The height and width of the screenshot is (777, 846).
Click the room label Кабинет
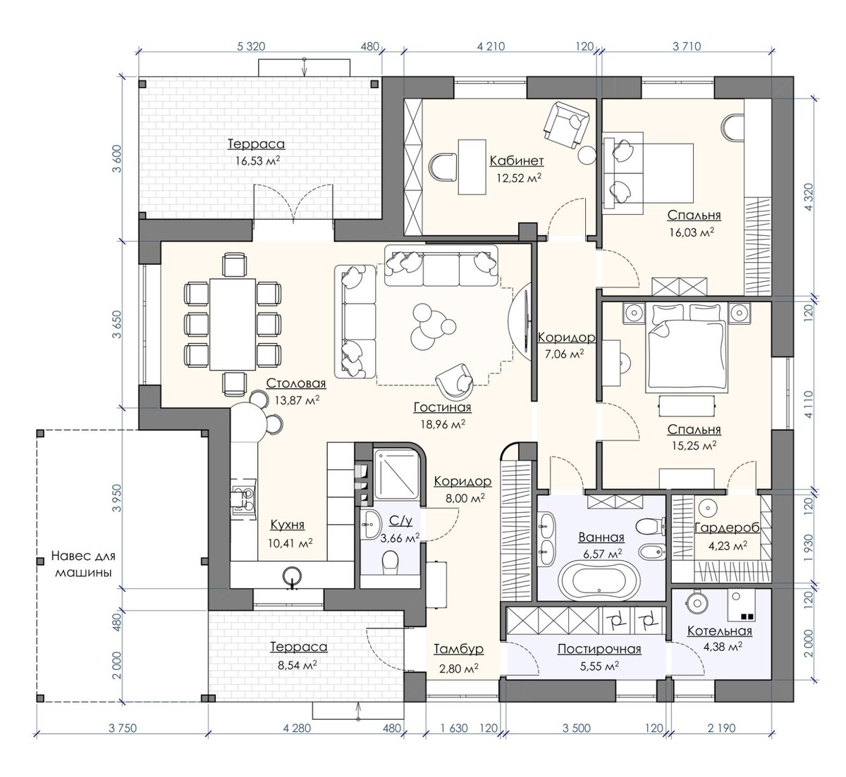(x=517, y=161)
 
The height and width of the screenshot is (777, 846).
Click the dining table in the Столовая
(x=233, y=324)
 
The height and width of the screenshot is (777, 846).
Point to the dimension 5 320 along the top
(x=251, y=46)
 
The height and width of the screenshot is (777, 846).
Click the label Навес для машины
(x=83, y=564)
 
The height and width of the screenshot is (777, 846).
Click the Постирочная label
(x=599, y=649)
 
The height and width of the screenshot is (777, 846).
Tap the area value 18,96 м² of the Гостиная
(x=443, y=424)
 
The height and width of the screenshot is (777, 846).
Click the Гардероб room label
(x=727, y=528)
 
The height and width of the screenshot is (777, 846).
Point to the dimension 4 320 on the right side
(x=808, y=197)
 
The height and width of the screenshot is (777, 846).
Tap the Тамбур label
(x=458, y=649)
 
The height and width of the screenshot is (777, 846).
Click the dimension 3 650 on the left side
(x=116, y=324)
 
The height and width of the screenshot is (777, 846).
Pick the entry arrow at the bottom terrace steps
(x=358, y=711)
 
